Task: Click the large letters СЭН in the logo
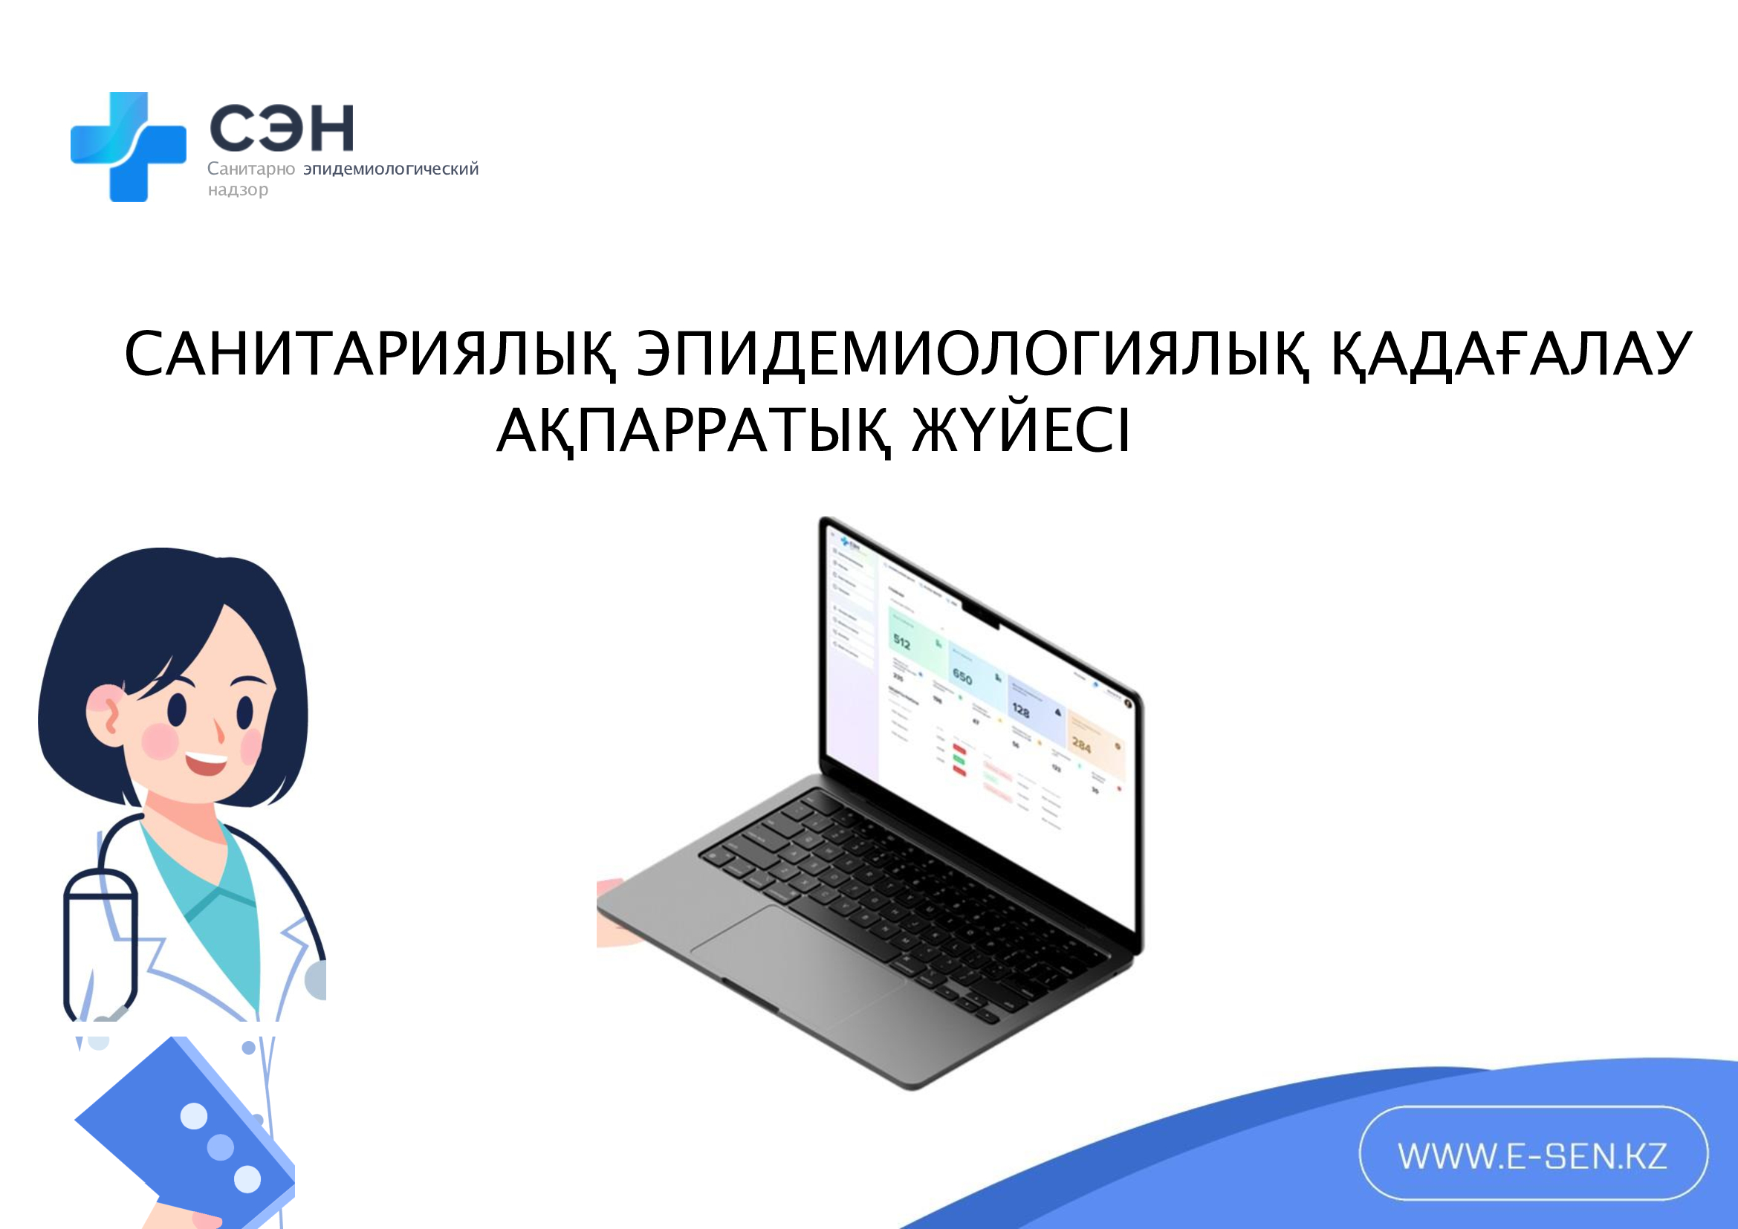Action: pos(281,128)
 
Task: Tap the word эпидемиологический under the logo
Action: pos(391,169)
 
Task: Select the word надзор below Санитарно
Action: pos(238,189)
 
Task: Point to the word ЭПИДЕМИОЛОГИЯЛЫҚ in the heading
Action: pos(972,354)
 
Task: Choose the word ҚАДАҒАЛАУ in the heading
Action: pos(1511,354)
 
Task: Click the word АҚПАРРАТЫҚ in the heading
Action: pos(693,429)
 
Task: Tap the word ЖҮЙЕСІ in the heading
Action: pos(1021,429)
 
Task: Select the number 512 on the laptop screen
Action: pos(901,642)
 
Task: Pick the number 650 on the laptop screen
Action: pos(962,675)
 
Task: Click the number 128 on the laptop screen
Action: pos(1020,710)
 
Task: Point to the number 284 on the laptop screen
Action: pos(1081,745)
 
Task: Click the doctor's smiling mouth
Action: pos(206,763)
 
